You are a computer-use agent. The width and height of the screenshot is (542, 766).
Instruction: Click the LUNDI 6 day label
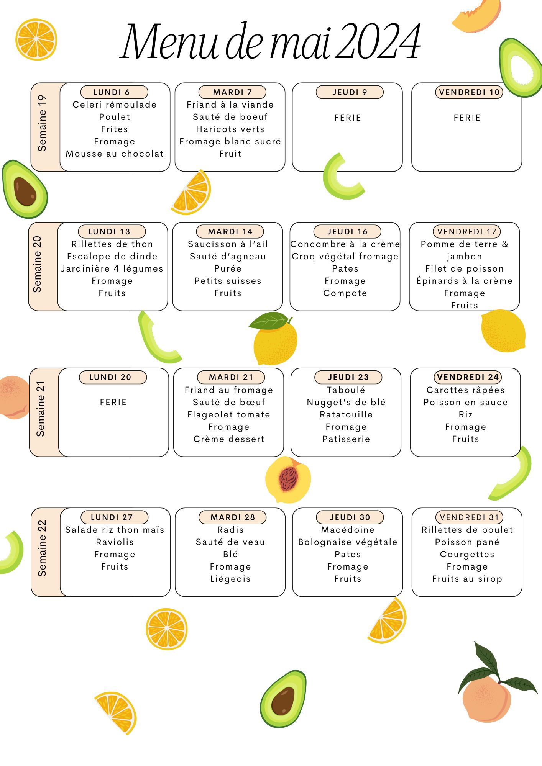pyautogui.click(x=114, y=92)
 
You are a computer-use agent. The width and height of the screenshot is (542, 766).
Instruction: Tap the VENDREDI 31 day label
pyautogui.click(x=469, y=517)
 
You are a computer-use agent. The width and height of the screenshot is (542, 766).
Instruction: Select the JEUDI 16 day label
pyautogui.click(x=347, y=232)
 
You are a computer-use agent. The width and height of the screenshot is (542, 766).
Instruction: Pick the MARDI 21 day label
pyautogui.click(x=231, y=377)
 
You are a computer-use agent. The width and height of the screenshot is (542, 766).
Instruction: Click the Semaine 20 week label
pyautogui.click(x=37, y=264)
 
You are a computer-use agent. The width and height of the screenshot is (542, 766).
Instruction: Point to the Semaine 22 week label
pyautogui.click(x=42, y=548)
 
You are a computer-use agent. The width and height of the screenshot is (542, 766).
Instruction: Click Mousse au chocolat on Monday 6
pyautogui.click(x=115, y=154)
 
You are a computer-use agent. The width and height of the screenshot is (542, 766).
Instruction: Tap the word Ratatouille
pyautogui.click(x=346, y=414)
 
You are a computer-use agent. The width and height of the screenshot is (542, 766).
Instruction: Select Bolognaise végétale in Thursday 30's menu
pyautogui.click(x=348, y=542)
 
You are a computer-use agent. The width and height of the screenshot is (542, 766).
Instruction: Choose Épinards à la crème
pyautogui.click(x=465, y=281)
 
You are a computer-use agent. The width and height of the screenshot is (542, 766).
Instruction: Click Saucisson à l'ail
pyautogui.click(x=228, y=244)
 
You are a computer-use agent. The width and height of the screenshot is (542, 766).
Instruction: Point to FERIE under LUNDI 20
pyautogui.click(x=113, y=402)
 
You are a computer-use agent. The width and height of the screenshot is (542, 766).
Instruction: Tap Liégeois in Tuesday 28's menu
pyautogui.click(x=230, y=579)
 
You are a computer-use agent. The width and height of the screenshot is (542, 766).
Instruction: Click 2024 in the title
pyautogui.click(x=378, y=41)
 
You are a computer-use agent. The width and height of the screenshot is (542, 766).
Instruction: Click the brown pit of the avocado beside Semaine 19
pyautogui.click(x=25, y=191)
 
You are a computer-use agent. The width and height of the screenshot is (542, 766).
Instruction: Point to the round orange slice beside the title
pyautogui.click(x=36, y=39)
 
